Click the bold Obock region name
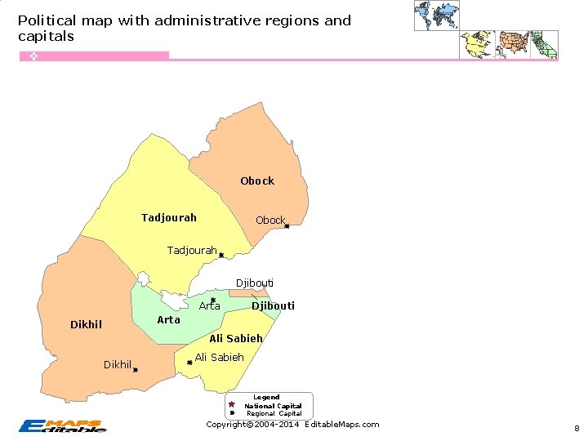point(257,180)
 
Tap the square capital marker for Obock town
point(287,226)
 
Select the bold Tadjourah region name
point(169,218)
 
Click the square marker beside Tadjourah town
point(221,256)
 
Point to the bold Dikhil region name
point(86,325)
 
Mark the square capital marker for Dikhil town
point(136,370)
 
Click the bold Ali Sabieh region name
point(236,338)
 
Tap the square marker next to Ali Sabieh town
point(189,363)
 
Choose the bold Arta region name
point(168,319)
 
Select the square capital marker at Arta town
point(213,300)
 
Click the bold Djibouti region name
point(273,306)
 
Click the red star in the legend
point(232,405)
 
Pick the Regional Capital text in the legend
point(274,413)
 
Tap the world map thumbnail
point(437,16)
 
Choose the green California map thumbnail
point(545,45)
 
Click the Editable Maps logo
point(62,425)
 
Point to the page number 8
point(576,428)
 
